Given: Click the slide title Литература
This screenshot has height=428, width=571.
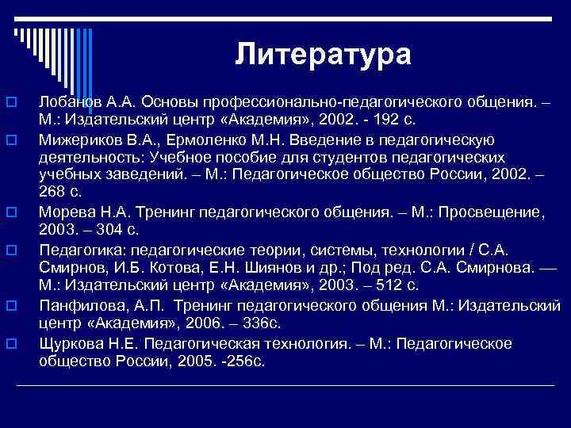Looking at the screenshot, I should point(323,54).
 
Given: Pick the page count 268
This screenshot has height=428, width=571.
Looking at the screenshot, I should point(52,192).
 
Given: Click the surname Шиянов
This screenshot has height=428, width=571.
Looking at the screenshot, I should point(256,269).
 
